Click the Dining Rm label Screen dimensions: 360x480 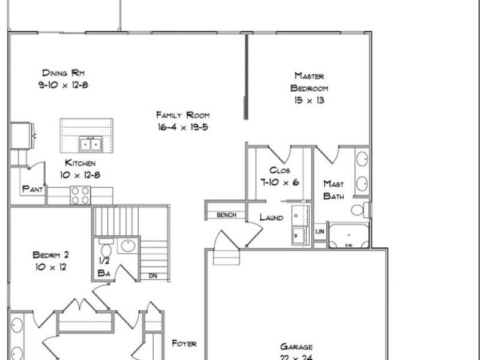[x=62, y=73]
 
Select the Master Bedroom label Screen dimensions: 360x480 [x=309, y=82]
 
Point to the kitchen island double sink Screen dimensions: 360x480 [x=91, y=144]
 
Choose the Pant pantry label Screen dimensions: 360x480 [x=32, y=189]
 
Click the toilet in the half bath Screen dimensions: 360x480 [x=106, y=249]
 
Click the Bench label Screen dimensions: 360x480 [x=226, y=215]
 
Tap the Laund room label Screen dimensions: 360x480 [x=271, y=217]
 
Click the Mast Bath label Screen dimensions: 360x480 [x=334, y=190]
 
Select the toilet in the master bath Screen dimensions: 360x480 [x=358, y=210]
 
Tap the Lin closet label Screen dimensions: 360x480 [x=319, y=230]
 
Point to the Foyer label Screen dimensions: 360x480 [x=184, y=344]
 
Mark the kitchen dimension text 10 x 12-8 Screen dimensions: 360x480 [x=77, y=175]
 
